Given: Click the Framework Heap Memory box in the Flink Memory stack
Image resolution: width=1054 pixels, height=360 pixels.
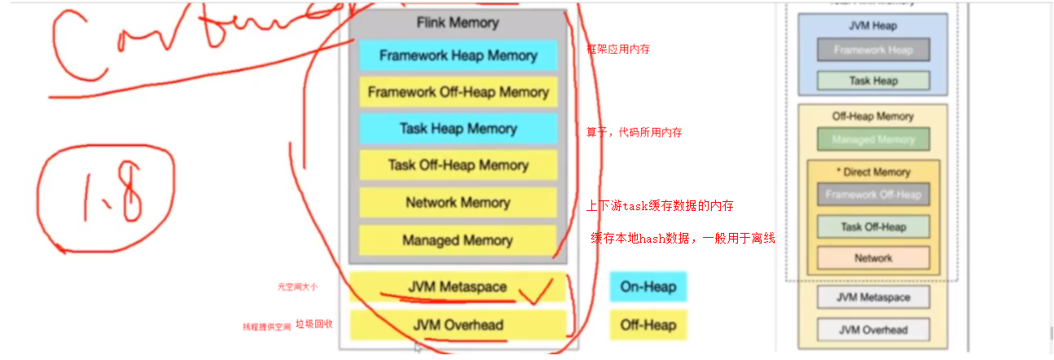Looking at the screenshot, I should (458, 55).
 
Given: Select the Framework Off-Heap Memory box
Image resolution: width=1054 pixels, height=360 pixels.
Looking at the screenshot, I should (458, 92).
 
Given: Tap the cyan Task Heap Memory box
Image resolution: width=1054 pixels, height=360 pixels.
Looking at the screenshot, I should (458, 129).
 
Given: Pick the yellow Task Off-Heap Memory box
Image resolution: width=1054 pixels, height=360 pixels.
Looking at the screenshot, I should (458, 165).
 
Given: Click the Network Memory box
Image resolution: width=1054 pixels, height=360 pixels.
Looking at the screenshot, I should (458, 203).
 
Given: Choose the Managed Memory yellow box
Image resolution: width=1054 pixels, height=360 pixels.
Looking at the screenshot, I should (458, 240).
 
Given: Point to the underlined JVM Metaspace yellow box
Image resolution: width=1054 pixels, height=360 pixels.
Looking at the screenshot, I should (457, 287).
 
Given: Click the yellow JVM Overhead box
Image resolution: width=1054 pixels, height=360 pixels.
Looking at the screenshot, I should (457, 325).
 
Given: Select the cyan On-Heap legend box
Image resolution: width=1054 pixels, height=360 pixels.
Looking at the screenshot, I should (648, 287).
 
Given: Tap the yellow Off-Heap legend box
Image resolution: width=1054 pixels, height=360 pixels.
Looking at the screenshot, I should (648, 325).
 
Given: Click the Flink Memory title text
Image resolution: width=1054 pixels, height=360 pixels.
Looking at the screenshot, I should (457, 23).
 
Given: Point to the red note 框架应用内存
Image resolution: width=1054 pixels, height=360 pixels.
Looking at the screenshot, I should (618, 50).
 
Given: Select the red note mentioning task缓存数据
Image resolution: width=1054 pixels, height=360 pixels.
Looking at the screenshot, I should (665, 206).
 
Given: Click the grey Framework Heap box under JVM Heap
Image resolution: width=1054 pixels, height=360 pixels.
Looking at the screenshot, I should (873, 50).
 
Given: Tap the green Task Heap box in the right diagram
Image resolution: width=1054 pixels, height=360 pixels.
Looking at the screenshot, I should (873, 81).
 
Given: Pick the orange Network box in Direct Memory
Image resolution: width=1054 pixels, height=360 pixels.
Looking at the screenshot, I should (873, 258).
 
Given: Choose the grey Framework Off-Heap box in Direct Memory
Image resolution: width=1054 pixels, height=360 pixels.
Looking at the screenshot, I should (873, 195).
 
